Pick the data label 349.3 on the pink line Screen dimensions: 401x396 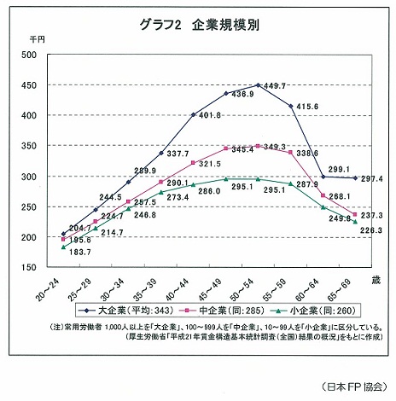click(274, 148)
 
